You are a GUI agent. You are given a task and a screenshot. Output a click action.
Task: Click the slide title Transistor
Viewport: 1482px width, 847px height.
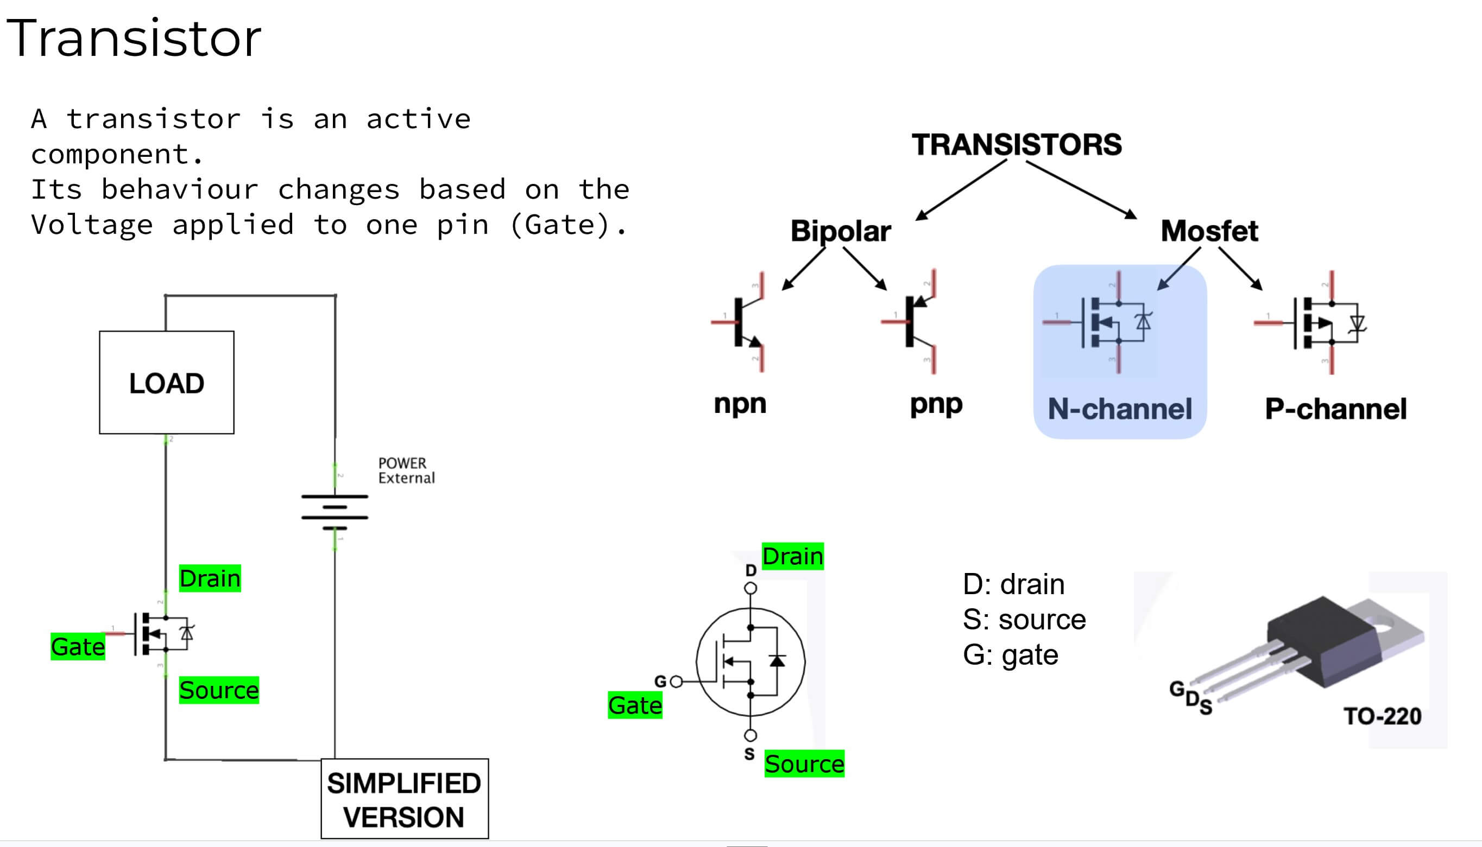[134, 39]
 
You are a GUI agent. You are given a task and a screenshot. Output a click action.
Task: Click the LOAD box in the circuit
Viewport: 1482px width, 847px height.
[167, 383]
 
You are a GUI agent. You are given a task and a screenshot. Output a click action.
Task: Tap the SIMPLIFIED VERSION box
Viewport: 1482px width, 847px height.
[405, 799]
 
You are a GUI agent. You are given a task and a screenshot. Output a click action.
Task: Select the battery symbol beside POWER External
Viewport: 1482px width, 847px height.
[335, 512]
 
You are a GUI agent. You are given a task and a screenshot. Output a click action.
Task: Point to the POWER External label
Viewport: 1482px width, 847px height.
[406, 470]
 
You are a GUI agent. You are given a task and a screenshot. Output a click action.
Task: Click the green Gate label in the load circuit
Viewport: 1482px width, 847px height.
[78, 646]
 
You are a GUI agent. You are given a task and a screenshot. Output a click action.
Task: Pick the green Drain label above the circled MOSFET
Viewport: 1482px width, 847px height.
[792, 556]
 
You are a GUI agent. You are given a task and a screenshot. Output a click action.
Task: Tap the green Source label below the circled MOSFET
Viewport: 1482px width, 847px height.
[804, 763]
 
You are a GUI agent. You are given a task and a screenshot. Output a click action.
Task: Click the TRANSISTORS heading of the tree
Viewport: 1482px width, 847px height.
[1016, 144]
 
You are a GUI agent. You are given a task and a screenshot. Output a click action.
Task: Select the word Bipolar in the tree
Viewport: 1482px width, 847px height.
[840, 231]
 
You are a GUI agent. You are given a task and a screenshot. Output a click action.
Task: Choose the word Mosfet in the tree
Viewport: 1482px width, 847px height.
[1209, 231]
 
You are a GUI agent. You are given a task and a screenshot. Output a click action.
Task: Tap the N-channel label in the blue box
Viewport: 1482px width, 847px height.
[1119, 409]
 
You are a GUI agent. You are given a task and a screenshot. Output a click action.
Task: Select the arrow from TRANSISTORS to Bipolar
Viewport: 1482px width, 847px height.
[961, 191]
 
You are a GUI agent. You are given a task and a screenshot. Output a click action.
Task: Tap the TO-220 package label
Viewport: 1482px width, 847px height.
[1382, 716]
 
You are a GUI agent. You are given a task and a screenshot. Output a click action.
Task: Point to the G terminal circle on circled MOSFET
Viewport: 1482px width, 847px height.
[676, 681]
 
